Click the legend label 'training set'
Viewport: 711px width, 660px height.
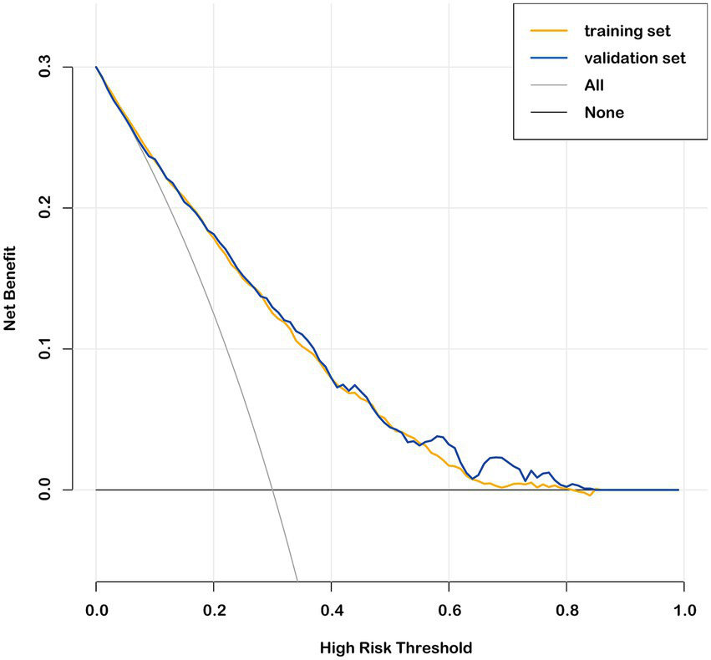click(627, 31)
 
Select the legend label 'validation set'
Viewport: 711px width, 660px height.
click(635, 58)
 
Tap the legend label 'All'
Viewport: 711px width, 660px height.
click(594, 85)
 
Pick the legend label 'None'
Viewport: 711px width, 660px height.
click(604, 112)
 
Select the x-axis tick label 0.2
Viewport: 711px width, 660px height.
click(214, 611)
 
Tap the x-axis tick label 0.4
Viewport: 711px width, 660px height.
click(332, 611)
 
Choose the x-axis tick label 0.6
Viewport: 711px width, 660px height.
click(449, 611)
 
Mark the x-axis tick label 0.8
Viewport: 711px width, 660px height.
click(567, 611)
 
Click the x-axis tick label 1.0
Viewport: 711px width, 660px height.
click(684, 611)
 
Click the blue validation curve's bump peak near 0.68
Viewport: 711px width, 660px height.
click(496, 457)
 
